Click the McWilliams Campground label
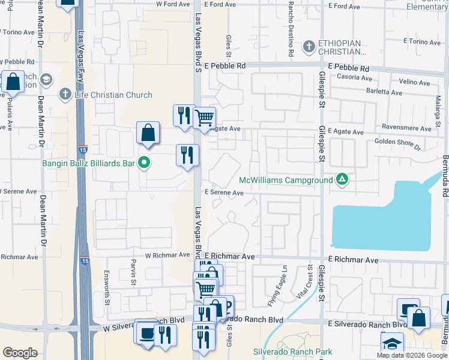pos(285,180)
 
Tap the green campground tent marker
pos(342,179)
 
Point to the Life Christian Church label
pos(113,94)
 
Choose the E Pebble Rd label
pos(225,65)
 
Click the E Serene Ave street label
pos(224,193)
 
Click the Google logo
pos(20,352)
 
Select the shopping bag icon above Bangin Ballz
pos(148,133)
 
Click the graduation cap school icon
pos(391,343)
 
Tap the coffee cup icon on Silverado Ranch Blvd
pos(146,334)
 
